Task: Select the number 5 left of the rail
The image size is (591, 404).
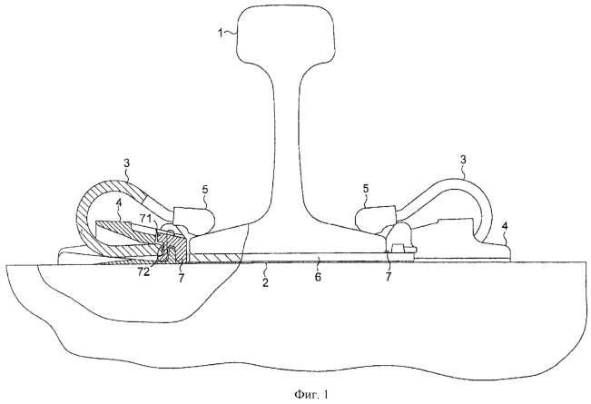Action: [x=206, y=192]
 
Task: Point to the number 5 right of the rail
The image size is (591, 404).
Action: [x=366, y=190]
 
